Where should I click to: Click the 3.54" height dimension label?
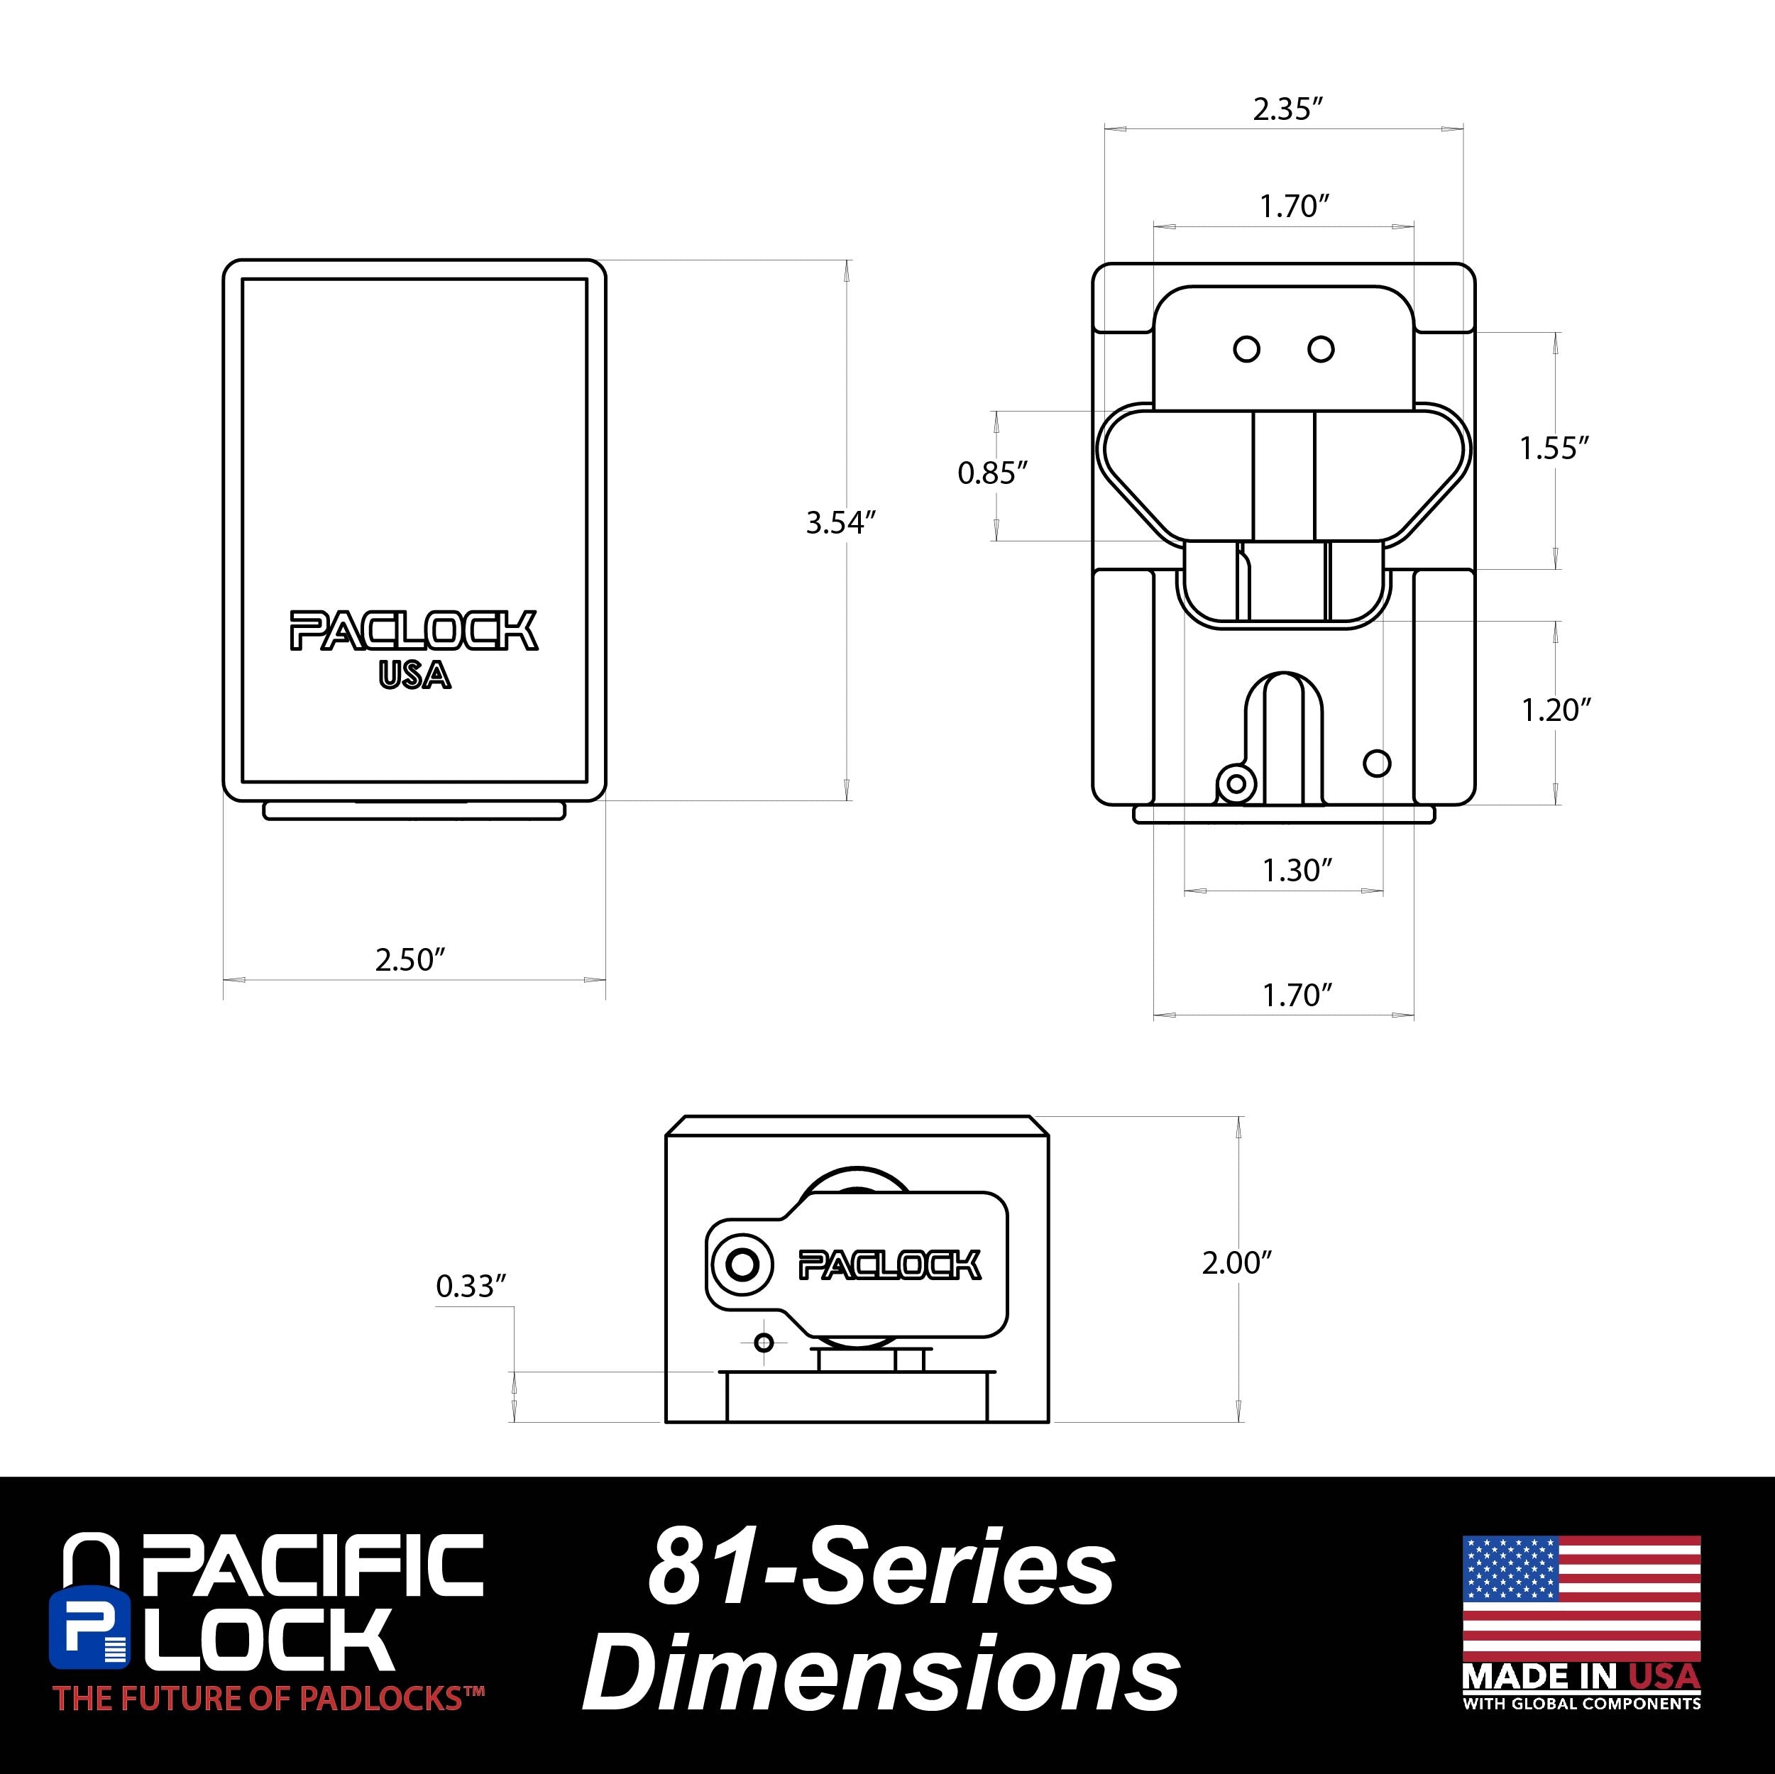(840, 523)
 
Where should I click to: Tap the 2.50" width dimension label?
(410, 960)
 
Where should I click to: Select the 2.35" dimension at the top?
(1287, 109)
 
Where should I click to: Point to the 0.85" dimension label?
(991, 473)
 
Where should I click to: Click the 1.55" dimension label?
(1553, 448)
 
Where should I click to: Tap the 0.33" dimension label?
(471, 1287)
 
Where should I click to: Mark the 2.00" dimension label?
(1236, 1263)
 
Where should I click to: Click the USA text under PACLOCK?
(414, 676)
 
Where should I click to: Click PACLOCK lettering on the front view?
(414, 631)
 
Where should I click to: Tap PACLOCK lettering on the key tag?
(889, 1265)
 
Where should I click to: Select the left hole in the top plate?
(1246, 349)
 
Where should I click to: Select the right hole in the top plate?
(1320, 349)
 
